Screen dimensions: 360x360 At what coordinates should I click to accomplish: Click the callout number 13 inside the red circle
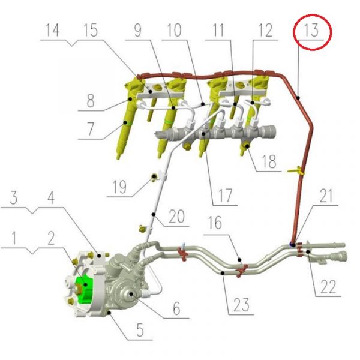click(x=311, y=30)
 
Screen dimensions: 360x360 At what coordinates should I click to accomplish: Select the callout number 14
click(x=53, y=30)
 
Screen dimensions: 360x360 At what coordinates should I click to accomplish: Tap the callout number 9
click(x=137, y=30)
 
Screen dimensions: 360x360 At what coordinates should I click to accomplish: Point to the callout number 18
click(x=269, y=161)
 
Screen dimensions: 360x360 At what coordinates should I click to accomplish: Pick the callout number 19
click(x=119, y=187)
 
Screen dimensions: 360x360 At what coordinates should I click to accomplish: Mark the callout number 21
click(x=326, y=196)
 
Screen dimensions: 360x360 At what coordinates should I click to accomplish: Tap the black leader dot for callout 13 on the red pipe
click(x=298, y=98)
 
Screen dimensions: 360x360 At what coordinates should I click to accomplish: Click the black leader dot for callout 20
click(x=154, y=214)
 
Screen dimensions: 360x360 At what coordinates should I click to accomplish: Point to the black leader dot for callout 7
click(x=125, y=122)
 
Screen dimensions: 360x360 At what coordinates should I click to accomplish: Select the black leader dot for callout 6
click(x=131, y=294)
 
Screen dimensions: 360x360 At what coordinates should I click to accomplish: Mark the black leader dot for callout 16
click(x=239, y=260)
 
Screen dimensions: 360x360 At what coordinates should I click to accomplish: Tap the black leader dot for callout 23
click(x=223, y=273)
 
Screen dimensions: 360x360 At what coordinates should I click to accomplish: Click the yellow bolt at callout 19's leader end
click(x=154, y=176)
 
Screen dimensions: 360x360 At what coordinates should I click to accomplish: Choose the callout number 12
click(x=266, y=30)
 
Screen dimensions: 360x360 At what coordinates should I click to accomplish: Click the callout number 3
click(x=14, y=197)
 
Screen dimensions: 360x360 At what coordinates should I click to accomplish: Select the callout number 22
click(x=328, y=287)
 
